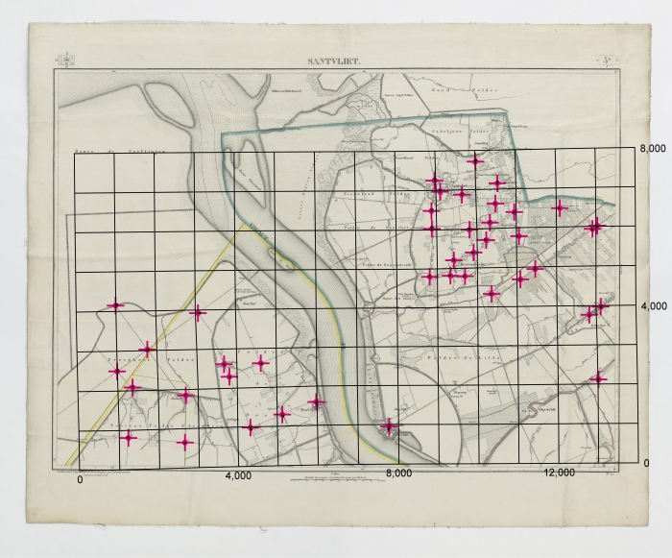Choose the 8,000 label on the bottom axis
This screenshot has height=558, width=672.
[x=397, y=473]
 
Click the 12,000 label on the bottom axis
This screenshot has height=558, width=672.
[x=559, y=473]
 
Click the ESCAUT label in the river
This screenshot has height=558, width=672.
[x=258, y=228]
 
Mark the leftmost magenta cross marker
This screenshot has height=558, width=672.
[x=116, y=305]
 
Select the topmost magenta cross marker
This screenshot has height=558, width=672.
[x=475, y=160]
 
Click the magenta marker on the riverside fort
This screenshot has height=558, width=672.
[x=389, y=425]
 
